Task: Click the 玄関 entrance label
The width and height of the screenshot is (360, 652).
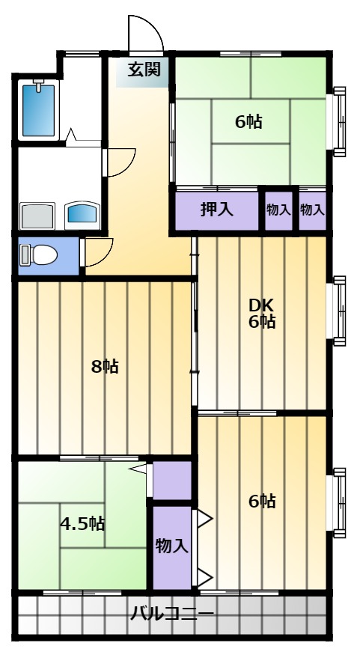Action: [x=144, y=70]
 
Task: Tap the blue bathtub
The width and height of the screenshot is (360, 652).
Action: [x=38, y=110]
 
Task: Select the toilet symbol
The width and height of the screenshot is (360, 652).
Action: [x=39, y=255]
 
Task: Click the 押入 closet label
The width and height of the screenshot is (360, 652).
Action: [x=216, y=209]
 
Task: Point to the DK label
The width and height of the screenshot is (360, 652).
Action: [x=261, y=306]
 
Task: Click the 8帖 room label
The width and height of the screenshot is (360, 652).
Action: [x=105, y=367]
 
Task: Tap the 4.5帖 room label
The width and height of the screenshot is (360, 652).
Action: [x=82, y=523]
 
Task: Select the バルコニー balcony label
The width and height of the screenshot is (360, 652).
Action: [x=172, y=613]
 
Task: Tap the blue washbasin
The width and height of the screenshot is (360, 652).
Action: [x=83, y=215]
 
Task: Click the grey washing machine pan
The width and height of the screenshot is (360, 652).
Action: [x=37, y=216]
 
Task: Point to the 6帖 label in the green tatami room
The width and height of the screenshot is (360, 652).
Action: [x=248, y=122]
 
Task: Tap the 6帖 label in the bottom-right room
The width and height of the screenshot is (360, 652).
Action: [x=262, y=502]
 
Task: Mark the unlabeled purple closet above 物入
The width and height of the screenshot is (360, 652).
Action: [x=172, y=481]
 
